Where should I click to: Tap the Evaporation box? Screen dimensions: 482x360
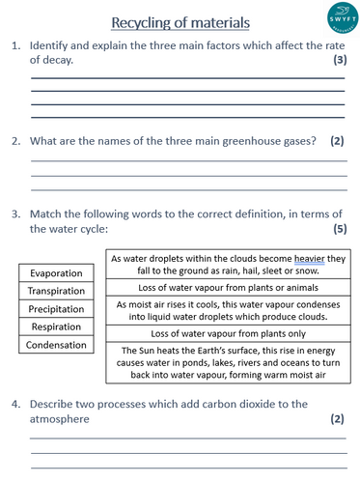[56, 273]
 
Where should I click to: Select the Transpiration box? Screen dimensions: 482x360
[56, 291]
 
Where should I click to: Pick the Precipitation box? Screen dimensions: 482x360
[56, 309]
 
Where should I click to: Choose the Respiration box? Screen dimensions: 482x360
[56, 326]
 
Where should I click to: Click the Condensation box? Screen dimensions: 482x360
[56, 345]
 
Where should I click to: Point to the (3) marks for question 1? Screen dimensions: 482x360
[339, 60]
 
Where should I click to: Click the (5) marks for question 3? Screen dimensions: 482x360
[339, 229]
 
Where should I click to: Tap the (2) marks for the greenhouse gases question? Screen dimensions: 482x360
[336, 141]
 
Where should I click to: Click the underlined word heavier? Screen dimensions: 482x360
[295, 259]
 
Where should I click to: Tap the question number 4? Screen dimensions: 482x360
[15, 404]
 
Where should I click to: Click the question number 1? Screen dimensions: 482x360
[15, 45]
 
